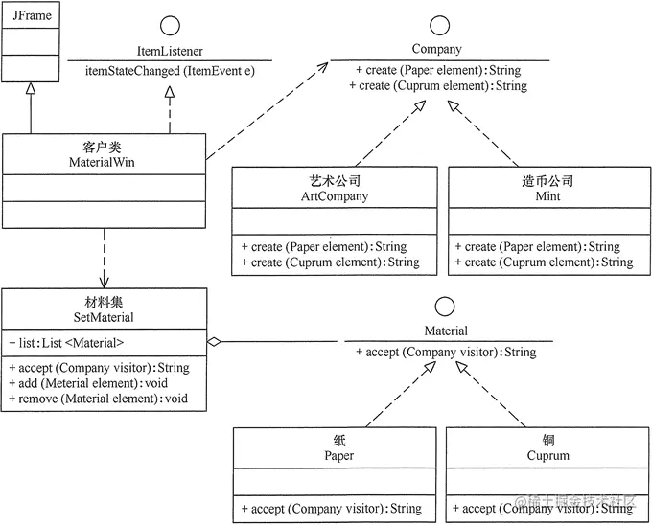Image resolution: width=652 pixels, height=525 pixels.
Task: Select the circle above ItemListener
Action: pyautogui.click(x=169, y=26)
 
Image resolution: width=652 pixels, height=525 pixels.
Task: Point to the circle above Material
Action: pyautogui.click(x=445, y=308)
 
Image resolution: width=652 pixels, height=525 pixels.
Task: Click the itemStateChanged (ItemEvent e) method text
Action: pyautogui.click(x=169, y=71)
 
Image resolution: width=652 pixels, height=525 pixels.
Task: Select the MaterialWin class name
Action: pyautogui.click(x=103, y=162)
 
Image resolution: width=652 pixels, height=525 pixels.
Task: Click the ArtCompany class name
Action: pyautogui.click(x=329, y=196)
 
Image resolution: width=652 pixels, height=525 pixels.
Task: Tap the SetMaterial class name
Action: pyautogui.click(x=103, y=317)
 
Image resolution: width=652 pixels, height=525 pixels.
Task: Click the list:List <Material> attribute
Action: pyautogui.click(x=66, y=342)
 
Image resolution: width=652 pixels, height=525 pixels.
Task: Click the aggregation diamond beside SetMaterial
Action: pyautogui.click(x=215, y=340)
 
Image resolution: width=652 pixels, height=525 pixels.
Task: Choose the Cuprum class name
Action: pyautogui.click(x=548, y=455)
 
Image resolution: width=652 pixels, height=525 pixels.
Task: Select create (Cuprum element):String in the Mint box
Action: pyautogui.click(x=543, y=262)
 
